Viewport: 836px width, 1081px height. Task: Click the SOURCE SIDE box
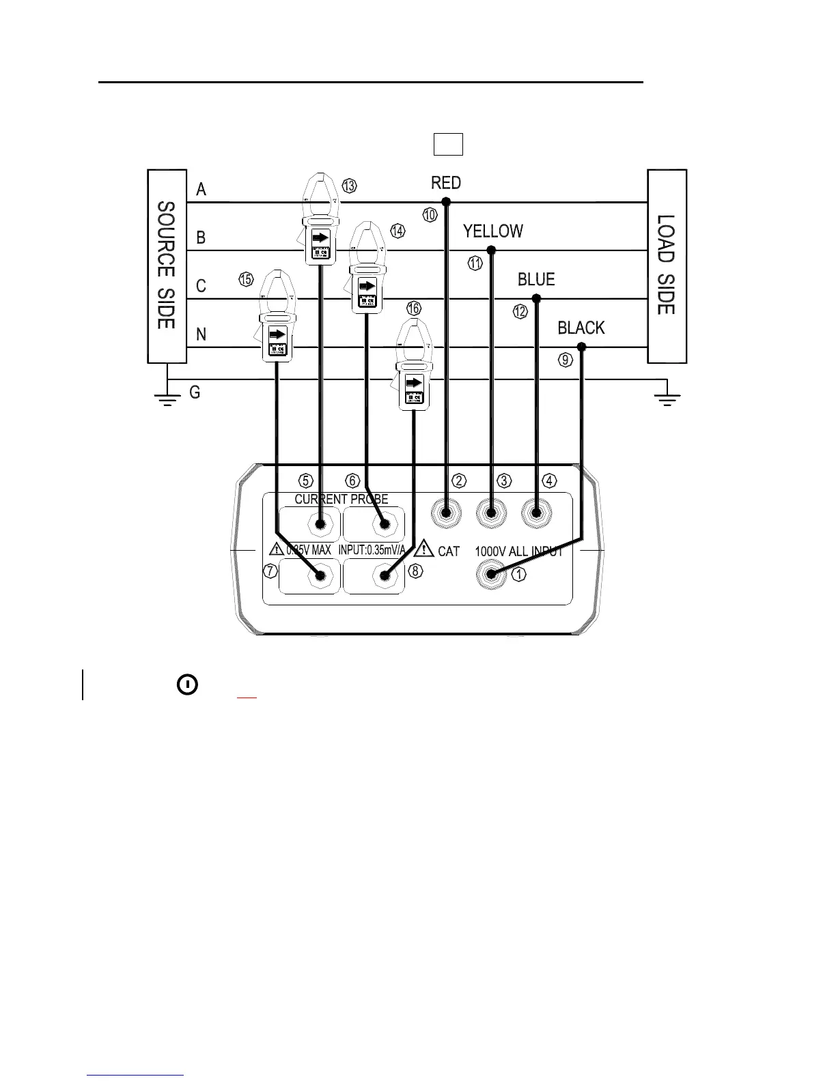[x=167, y=265]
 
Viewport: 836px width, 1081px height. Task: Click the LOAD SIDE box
[x=667, y=265]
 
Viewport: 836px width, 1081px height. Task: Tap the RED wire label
[x=446, y=183]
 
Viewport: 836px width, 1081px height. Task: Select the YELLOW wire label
[x=493, y=231]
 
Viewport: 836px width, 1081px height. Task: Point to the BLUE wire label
[x=536, y=280]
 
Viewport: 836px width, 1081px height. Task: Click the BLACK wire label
[x=581, y=328]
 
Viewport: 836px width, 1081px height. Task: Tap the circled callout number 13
[x=349, y=186]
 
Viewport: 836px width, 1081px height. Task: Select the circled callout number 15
[x=246, y=278]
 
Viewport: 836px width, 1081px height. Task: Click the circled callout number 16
[x=414, y=308]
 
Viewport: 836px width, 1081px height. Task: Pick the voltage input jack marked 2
[x=446, y=513]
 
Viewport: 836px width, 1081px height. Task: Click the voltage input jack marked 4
[x=536, y=513]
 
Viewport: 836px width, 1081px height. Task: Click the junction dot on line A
[x=446, y=202]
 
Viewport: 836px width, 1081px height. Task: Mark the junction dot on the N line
[x=582, y=347]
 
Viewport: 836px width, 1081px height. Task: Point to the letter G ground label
[x=195, y=392]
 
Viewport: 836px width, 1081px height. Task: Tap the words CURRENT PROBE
[x=342, y=500]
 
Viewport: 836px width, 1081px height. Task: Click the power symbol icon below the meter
[x=188, y=684]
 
